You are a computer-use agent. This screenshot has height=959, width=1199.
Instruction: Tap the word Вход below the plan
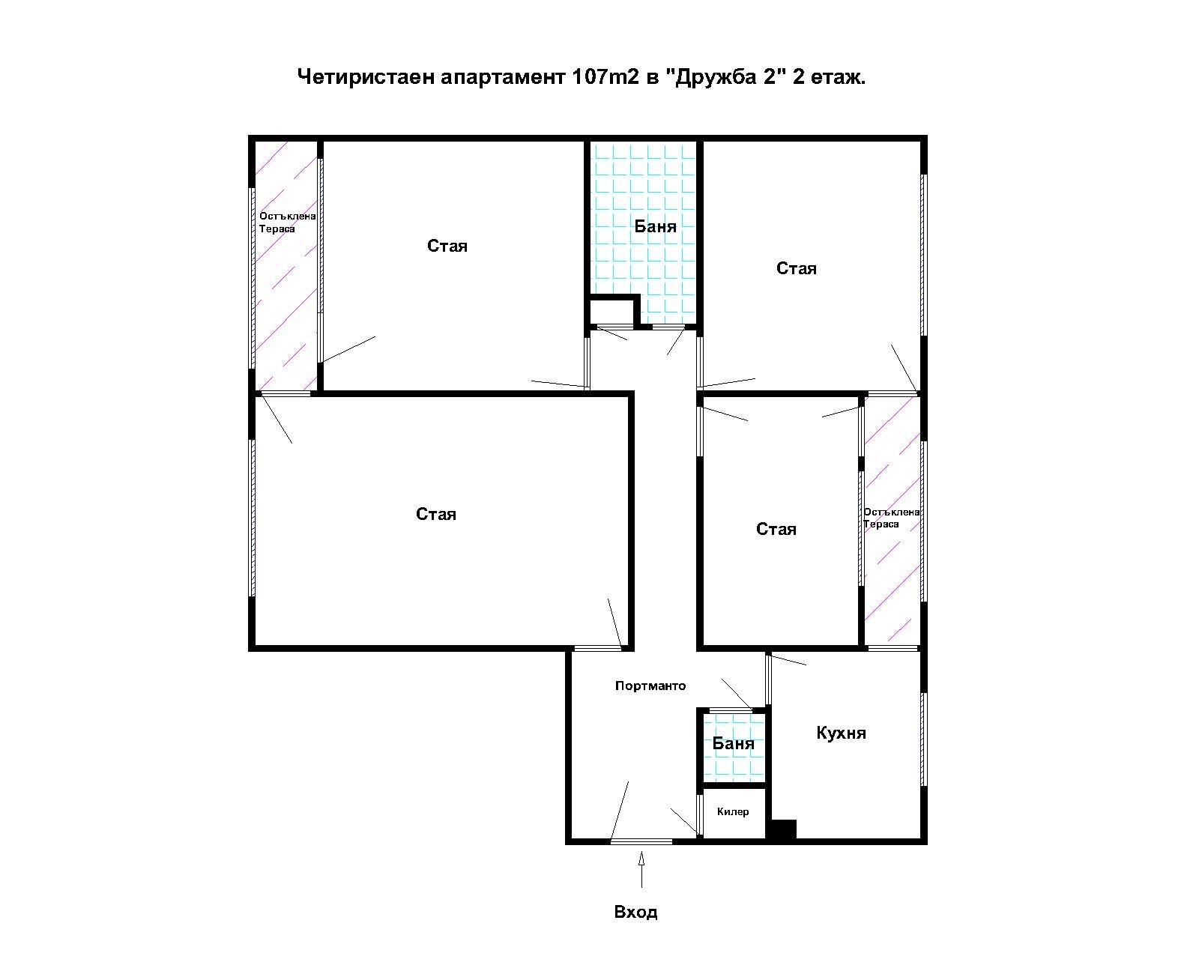tap(635, 913)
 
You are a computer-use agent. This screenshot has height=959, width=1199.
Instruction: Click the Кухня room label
tap(841, 733)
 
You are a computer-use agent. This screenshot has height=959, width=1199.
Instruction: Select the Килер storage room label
tap(732, 811)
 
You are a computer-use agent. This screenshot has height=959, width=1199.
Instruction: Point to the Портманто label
tap(650, 686)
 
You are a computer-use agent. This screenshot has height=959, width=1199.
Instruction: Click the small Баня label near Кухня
tap(733, 743)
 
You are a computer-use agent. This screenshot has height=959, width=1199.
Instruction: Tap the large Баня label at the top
tap(655, 226)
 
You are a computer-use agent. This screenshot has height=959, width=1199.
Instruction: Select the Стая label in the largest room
tap(435, 514)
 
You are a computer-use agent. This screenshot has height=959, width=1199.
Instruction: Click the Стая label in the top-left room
tap(447, 246)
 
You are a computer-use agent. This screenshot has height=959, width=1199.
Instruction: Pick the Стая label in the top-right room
tap(796, 268)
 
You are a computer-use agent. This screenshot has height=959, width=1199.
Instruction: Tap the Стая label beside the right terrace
tap(776, 529)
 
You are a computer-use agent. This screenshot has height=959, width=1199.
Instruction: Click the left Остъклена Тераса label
tap(286, 223)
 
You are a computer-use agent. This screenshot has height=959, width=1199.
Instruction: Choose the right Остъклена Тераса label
tap(891, 518)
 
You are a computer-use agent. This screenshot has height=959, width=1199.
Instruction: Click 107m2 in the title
tap(604, 76)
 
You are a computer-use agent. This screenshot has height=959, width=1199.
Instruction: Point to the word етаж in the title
tap(838, 76)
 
